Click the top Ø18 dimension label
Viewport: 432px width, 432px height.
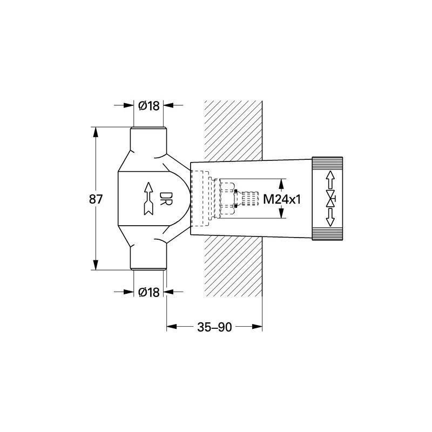[149, 105]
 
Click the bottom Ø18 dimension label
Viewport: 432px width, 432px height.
[149, 292]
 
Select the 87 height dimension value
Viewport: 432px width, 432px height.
[96, 199]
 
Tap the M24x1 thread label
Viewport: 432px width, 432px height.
[282, 199]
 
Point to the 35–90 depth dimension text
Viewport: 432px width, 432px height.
[214, 327]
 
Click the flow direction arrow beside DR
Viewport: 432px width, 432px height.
[148, 198]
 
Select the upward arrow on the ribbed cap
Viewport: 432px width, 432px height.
[330, 180]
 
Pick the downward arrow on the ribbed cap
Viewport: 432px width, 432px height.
[330, 218]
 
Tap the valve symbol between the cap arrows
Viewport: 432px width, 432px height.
[330, 198]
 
